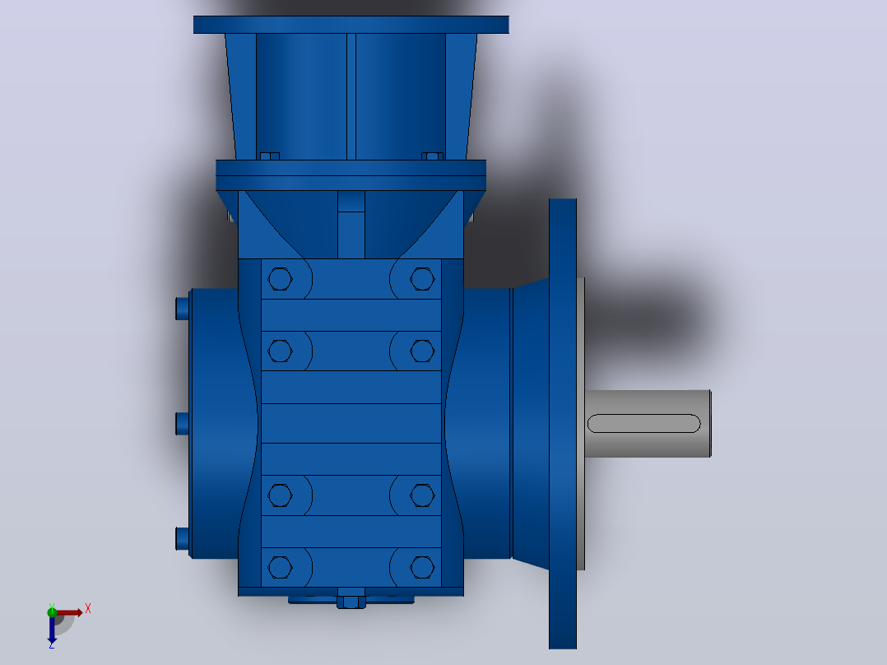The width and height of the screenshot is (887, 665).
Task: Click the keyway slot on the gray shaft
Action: [x=643, y=423]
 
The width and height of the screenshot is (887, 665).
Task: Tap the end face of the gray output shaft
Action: [x=710, y=423]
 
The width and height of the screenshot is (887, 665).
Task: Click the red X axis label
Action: [x=88, y=609]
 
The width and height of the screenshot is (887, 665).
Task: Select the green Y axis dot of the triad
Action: [x=52, y=612]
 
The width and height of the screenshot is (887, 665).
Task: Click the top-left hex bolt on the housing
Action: [x=280, y=279]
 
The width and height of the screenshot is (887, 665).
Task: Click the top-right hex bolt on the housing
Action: [x=422, y=279]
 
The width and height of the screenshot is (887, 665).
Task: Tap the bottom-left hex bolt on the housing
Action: [x=280, y=567]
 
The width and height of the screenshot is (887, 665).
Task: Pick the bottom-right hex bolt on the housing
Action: [x=422, y=567]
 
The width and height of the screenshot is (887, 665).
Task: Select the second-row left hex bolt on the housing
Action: [x=280, y=351]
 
